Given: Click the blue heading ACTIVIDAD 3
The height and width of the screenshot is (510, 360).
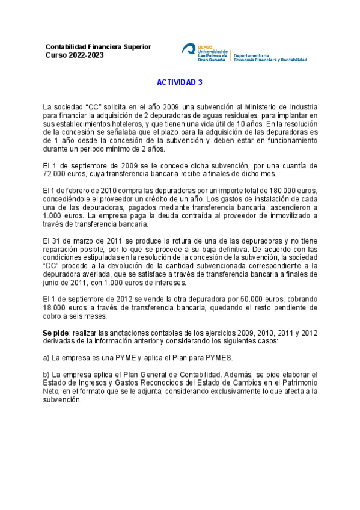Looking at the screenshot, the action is click(x=180, y=84).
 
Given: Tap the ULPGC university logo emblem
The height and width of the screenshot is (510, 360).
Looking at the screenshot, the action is click(x=188, y=51).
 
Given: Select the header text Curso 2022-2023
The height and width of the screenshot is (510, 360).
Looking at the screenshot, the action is click(x=75, y=55).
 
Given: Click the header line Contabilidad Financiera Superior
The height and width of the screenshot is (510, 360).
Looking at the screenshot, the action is click(x=99, y=47).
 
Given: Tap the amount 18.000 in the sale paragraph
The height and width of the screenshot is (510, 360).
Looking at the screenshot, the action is click(x=55, y=307).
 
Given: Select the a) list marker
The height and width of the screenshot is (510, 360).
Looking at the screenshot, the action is click(x=46, y=358).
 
